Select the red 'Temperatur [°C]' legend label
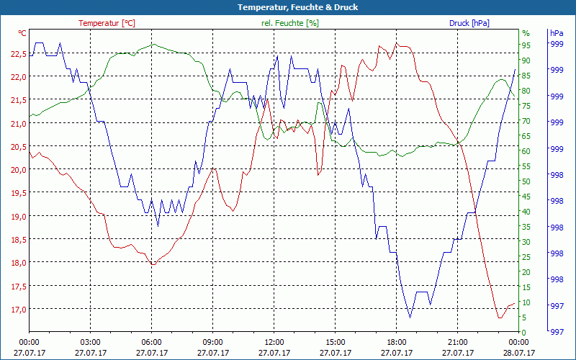(x=107, y=23)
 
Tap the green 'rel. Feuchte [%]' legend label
(x=289, y=23)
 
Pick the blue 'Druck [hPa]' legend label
(x=469, y=23)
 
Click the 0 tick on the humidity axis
(x=524, y=332)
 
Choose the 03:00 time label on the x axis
(x=90, y=342)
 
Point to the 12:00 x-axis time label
(x=274, y=342)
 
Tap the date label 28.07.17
(x=519, y=353)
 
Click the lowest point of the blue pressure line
(x=410, y=317)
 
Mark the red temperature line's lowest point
(x=499, y=318)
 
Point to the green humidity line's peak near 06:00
(x=153, y=44)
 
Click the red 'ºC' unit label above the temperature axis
(x=22, y=33)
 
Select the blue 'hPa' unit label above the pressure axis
(x=556, y=33)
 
